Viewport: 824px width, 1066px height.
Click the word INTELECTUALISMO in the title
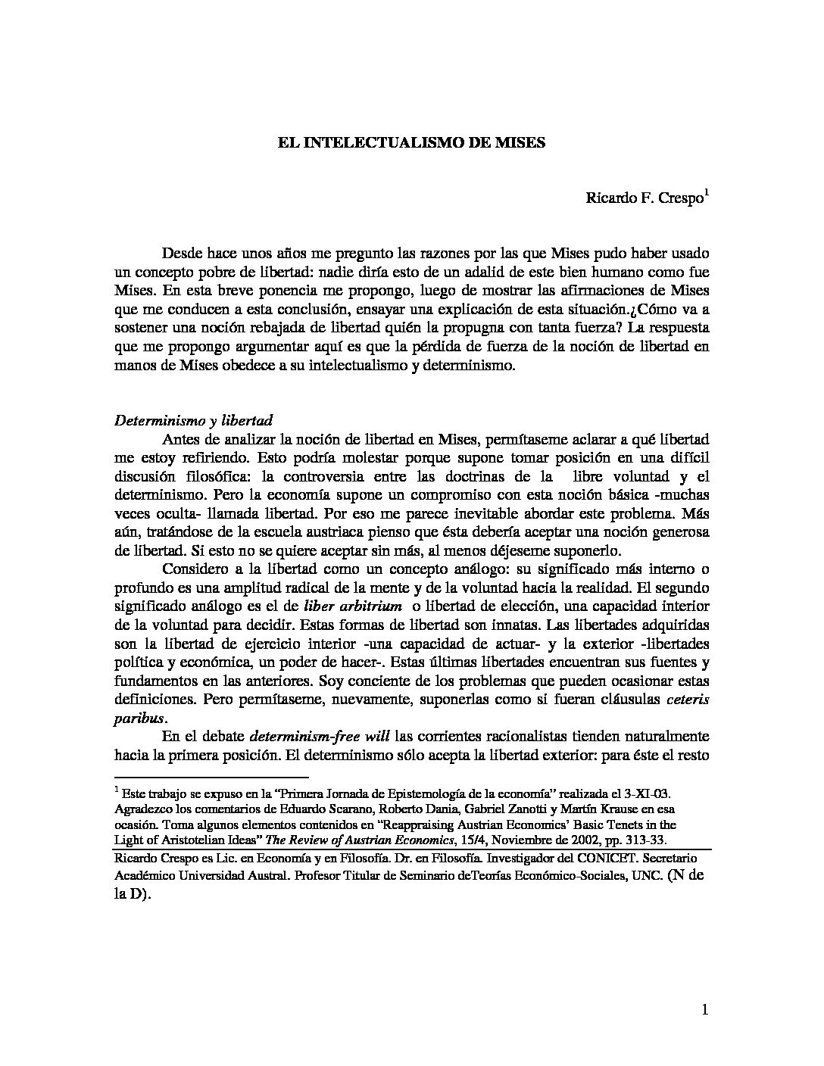[x=386, y=142]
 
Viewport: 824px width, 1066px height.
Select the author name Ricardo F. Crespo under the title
[x=644, y=198]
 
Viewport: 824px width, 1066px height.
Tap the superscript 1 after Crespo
[x=707, y=193]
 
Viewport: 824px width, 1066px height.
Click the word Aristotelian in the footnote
[x=171, y=840]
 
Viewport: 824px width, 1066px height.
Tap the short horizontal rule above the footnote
[x=211, y=777]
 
